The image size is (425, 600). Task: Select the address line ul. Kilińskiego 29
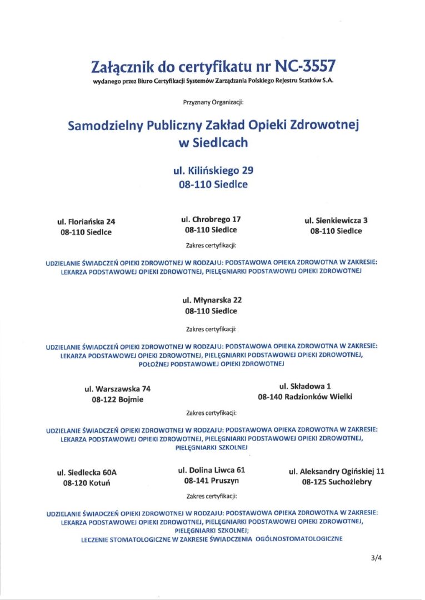(x=213, y=171)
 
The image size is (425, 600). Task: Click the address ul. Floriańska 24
(x=86, y=222)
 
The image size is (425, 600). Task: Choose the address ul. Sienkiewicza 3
(x=336, y=220)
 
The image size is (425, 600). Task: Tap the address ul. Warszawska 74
(x=117, y=388)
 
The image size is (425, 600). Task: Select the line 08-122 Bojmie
(x=117, y=399)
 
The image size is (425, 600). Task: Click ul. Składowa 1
(x=305, y=386)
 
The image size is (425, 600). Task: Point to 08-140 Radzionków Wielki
(x=305, y=397)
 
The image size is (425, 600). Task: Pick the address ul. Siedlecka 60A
(x=87, y=473)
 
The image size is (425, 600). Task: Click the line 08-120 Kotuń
(x=87, y=483)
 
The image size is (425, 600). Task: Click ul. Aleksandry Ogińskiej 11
(x=337, y=471)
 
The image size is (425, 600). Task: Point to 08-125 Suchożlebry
(x=337, y=482)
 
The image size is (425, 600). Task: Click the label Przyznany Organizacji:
(x=213, y=103)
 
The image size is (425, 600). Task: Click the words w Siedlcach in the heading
(x=213, y=143)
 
